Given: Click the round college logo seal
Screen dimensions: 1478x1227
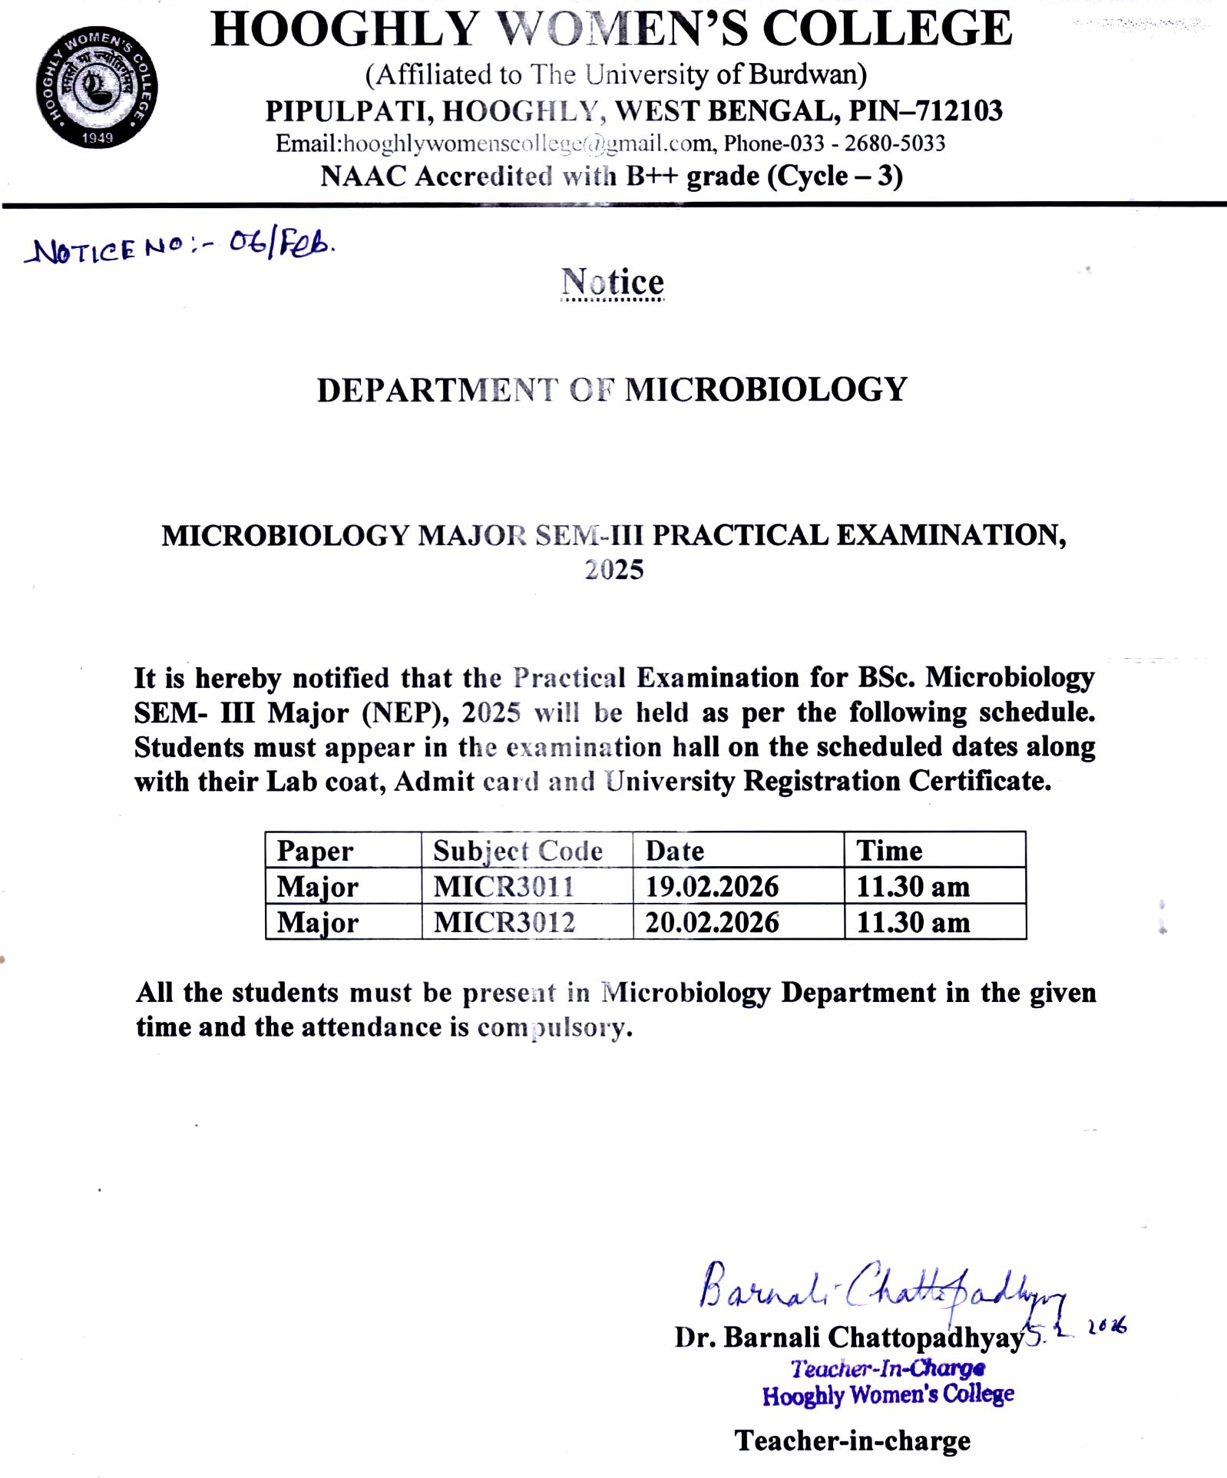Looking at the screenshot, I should click(x=97, y=87).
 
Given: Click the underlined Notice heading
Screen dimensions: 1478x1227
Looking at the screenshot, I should click(x=612, y=283).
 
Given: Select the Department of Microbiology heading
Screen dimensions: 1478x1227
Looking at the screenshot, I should click(x=612, y=390).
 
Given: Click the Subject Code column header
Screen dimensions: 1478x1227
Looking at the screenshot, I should click(x=518, y=851).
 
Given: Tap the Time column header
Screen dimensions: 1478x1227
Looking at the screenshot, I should click(x=889, y=851).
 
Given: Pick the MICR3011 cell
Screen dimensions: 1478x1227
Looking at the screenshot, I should click(x=504, y=887).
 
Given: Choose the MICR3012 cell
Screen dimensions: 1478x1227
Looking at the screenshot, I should click(x=504, y=922).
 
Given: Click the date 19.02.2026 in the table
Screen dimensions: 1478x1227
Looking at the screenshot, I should click(x=712, y=887).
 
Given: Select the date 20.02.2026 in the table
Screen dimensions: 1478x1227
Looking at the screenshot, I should click(x=712, y=922).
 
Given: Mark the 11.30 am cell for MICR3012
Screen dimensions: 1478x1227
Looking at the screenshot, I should click(x=913, y=922).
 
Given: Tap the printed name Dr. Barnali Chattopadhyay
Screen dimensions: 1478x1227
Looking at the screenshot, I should click(x=849, y=1337).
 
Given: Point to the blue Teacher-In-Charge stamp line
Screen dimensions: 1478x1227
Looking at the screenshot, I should click(x=888, y=1368).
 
